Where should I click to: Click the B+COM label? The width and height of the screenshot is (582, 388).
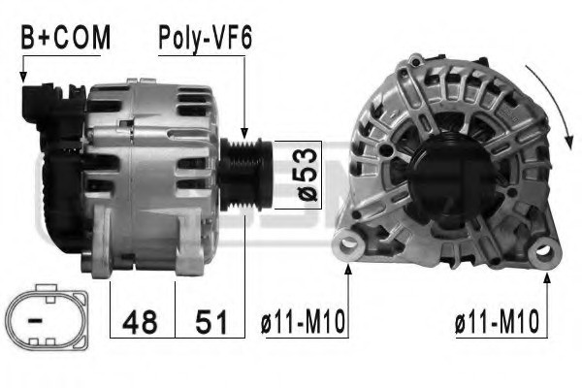66,38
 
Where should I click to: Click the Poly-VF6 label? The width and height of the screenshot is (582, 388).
205,38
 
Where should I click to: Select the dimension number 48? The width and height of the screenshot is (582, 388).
142,319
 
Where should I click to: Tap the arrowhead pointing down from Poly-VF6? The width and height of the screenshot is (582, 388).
245,133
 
